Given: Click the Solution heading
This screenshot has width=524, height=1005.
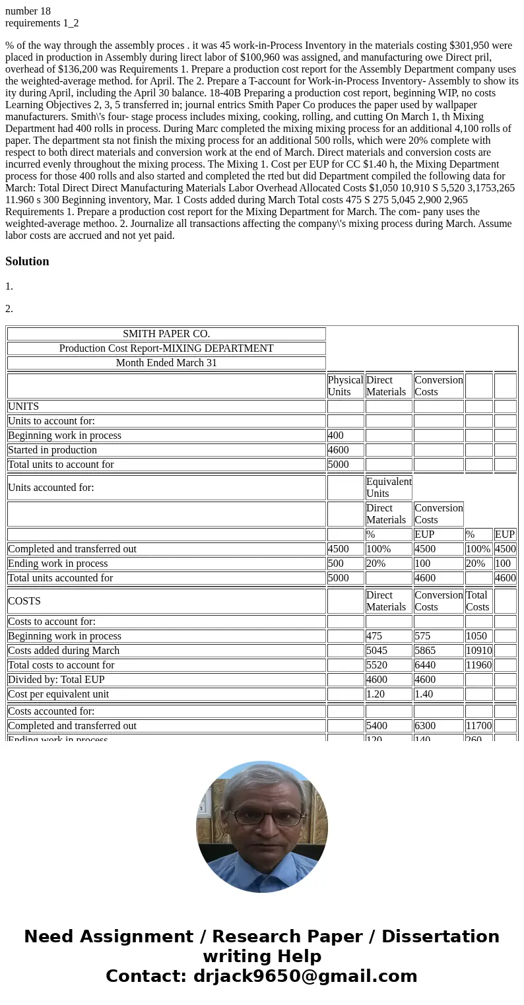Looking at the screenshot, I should point(27,261).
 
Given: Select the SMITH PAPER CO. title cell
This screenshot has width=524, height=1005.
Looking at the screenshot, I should point(166,334).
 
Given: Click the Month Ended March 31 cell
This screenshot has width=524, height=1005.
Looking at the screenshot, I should point(166,363).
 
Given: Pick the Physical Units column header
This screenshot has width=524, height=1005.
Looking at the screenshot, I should point(345,386).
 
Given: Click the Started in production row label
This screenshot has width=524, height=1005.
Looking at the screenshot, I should point(53,450).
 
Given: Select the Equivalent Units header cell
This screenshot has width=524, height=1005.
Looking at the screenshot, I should point(388,488).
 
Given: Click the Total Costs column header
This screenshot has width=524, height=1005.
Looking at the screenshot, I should point(478,601).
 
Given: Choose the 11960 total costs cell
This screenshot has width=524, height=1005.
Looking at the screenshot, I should point(478,665).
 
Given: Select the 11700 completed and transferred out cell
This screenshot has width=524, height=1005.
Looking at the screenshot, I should point(478,726).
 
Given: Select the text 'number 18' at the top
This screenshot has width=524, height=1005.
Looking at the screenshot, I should point(28,11).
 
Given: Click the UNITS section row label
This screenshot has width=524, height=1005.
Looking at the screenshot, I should point(24,406).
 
